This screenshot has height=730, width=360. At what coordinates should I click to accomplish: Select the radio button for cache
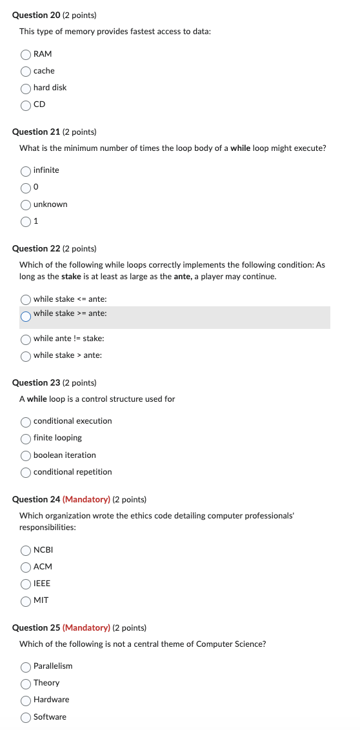[26, 71]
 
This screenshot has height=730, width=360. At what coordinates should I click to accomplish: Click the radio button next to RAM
[26, 54]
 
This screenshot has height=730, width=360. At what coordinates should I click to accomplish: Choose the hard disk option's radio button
[26, 88]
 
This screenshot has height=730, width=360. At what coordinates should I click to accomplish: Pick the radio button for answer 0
[26, 188]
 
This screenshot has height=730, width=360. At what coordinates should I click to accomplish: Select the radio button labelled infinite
[26, 171]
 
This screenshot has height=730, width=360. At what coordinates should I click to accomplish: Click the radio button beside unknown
[26, 205]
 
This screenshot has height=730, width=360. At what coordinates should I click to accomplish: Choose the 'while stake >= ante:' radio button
[26, 316]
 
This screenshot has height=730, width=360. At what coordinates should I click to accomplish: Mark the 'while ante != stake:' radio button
[26, 339]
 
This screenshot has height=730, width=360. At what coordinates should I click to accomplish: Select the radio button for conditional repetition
[26, 473]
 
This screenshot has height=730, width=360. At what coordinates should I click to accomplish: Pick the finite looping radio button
[26, 439]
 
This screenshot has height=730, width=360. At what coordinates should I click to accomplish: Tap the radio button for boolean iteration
[26, 456]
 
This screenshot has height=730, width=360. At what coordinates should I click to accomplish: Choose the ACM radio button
[26, 567]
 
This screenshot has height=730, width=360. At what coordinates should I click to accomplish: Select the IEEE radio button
[26, 584]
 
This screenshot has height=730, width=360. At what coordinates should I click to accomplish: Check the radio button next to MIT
[26, 601]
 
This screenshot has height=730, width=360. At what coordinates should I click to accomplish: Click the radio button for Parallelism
[26, 667]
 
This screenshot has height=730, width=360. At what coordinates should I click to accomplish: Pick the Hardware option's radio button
[26, 700]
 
